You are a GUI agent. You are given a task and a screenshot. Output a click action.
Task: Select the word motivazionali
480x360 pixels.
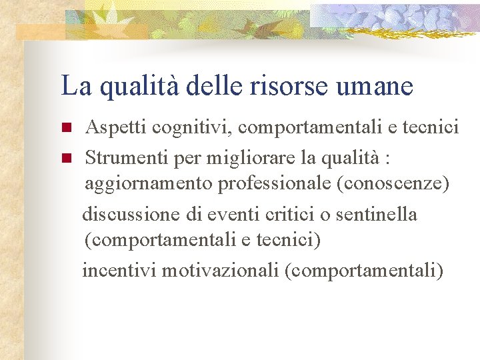[x=221, y=271]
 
